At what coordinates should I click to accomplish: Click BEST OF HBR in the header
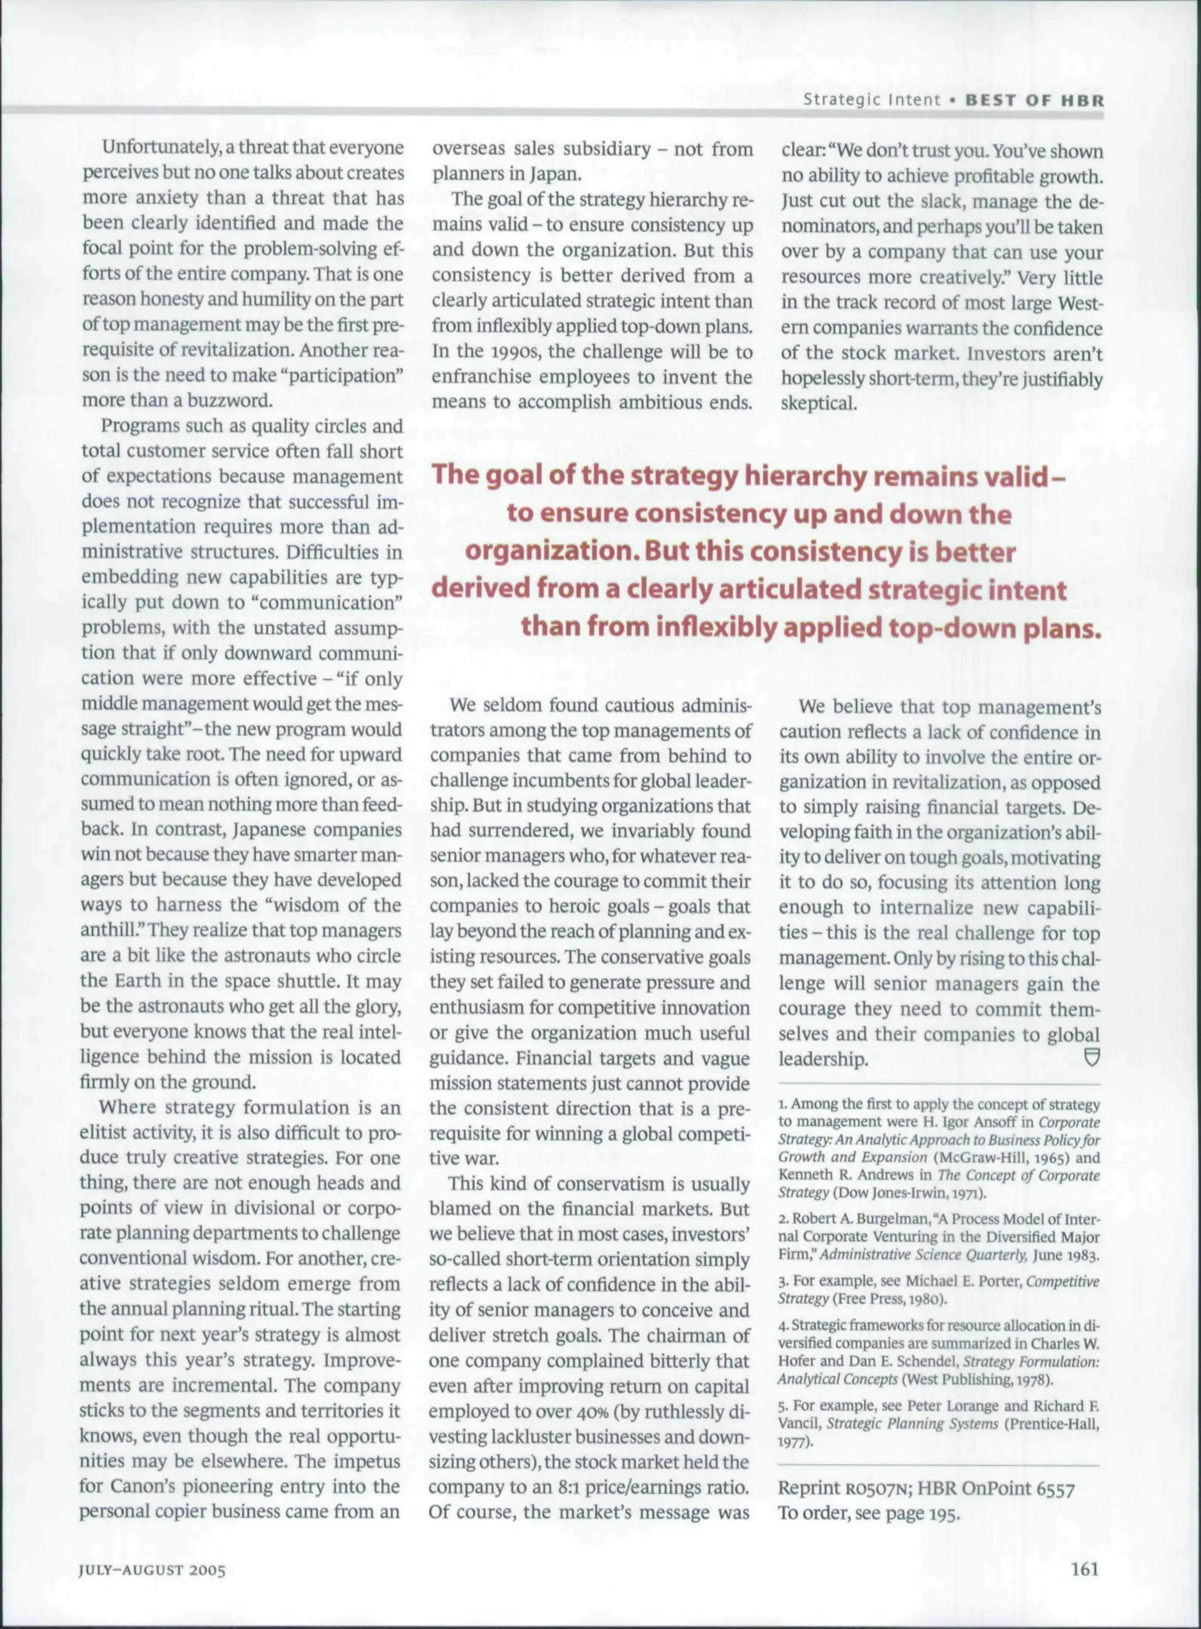1034,100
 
